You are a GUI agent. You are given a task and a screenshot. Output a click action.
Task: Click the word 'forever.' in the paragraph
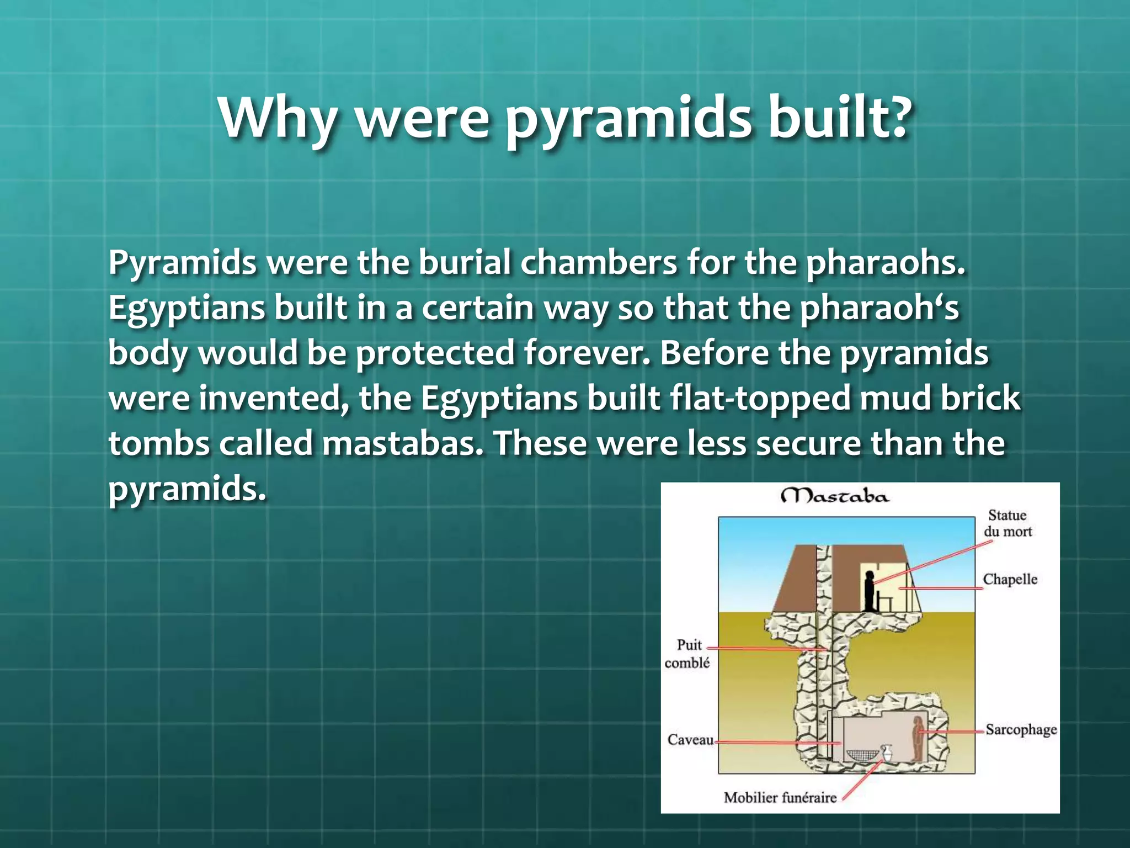[x=587, y=353]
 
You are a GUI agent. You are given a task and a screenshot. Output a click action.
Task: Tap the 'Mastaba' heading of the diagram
[x=835, y=496]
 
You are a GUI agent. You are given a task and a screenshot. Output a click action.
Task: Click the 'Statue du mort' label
[x=1008, y=523]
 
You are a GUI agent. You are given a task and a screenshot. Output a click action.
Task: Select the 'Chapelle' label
[x=1010, y=579]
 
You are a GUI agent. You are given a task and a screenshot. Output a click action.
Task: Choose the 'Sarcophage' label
[x=1021, y=729]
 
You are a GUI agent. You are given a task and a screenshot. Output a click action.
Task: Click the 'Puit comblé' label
[x=687, y=654]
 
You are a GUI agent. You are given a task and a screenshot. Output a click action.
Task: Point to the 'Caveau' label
[x=690, y=740]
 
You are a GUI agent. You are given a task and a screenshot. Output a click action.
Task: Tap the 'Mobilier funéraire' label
[x=780, y=798]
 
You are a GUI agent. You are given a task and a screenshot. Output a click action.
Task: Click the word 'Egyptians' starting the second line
[x=186, y=308]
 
